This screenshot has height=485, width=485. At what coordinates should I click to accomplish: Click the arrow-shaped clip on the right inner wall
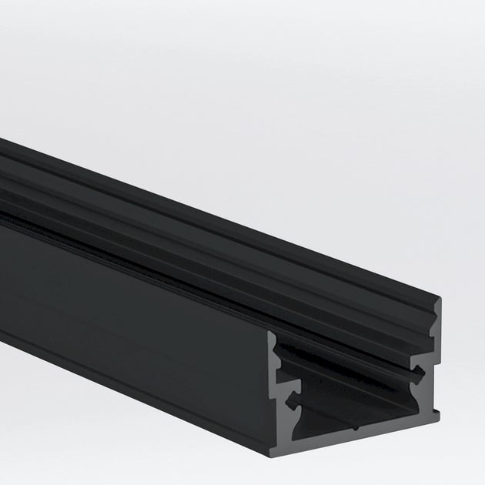(x=418, y=375)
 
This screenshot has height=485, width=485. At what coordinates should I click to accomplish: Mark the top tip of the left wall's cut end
(x=271, y=333)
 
